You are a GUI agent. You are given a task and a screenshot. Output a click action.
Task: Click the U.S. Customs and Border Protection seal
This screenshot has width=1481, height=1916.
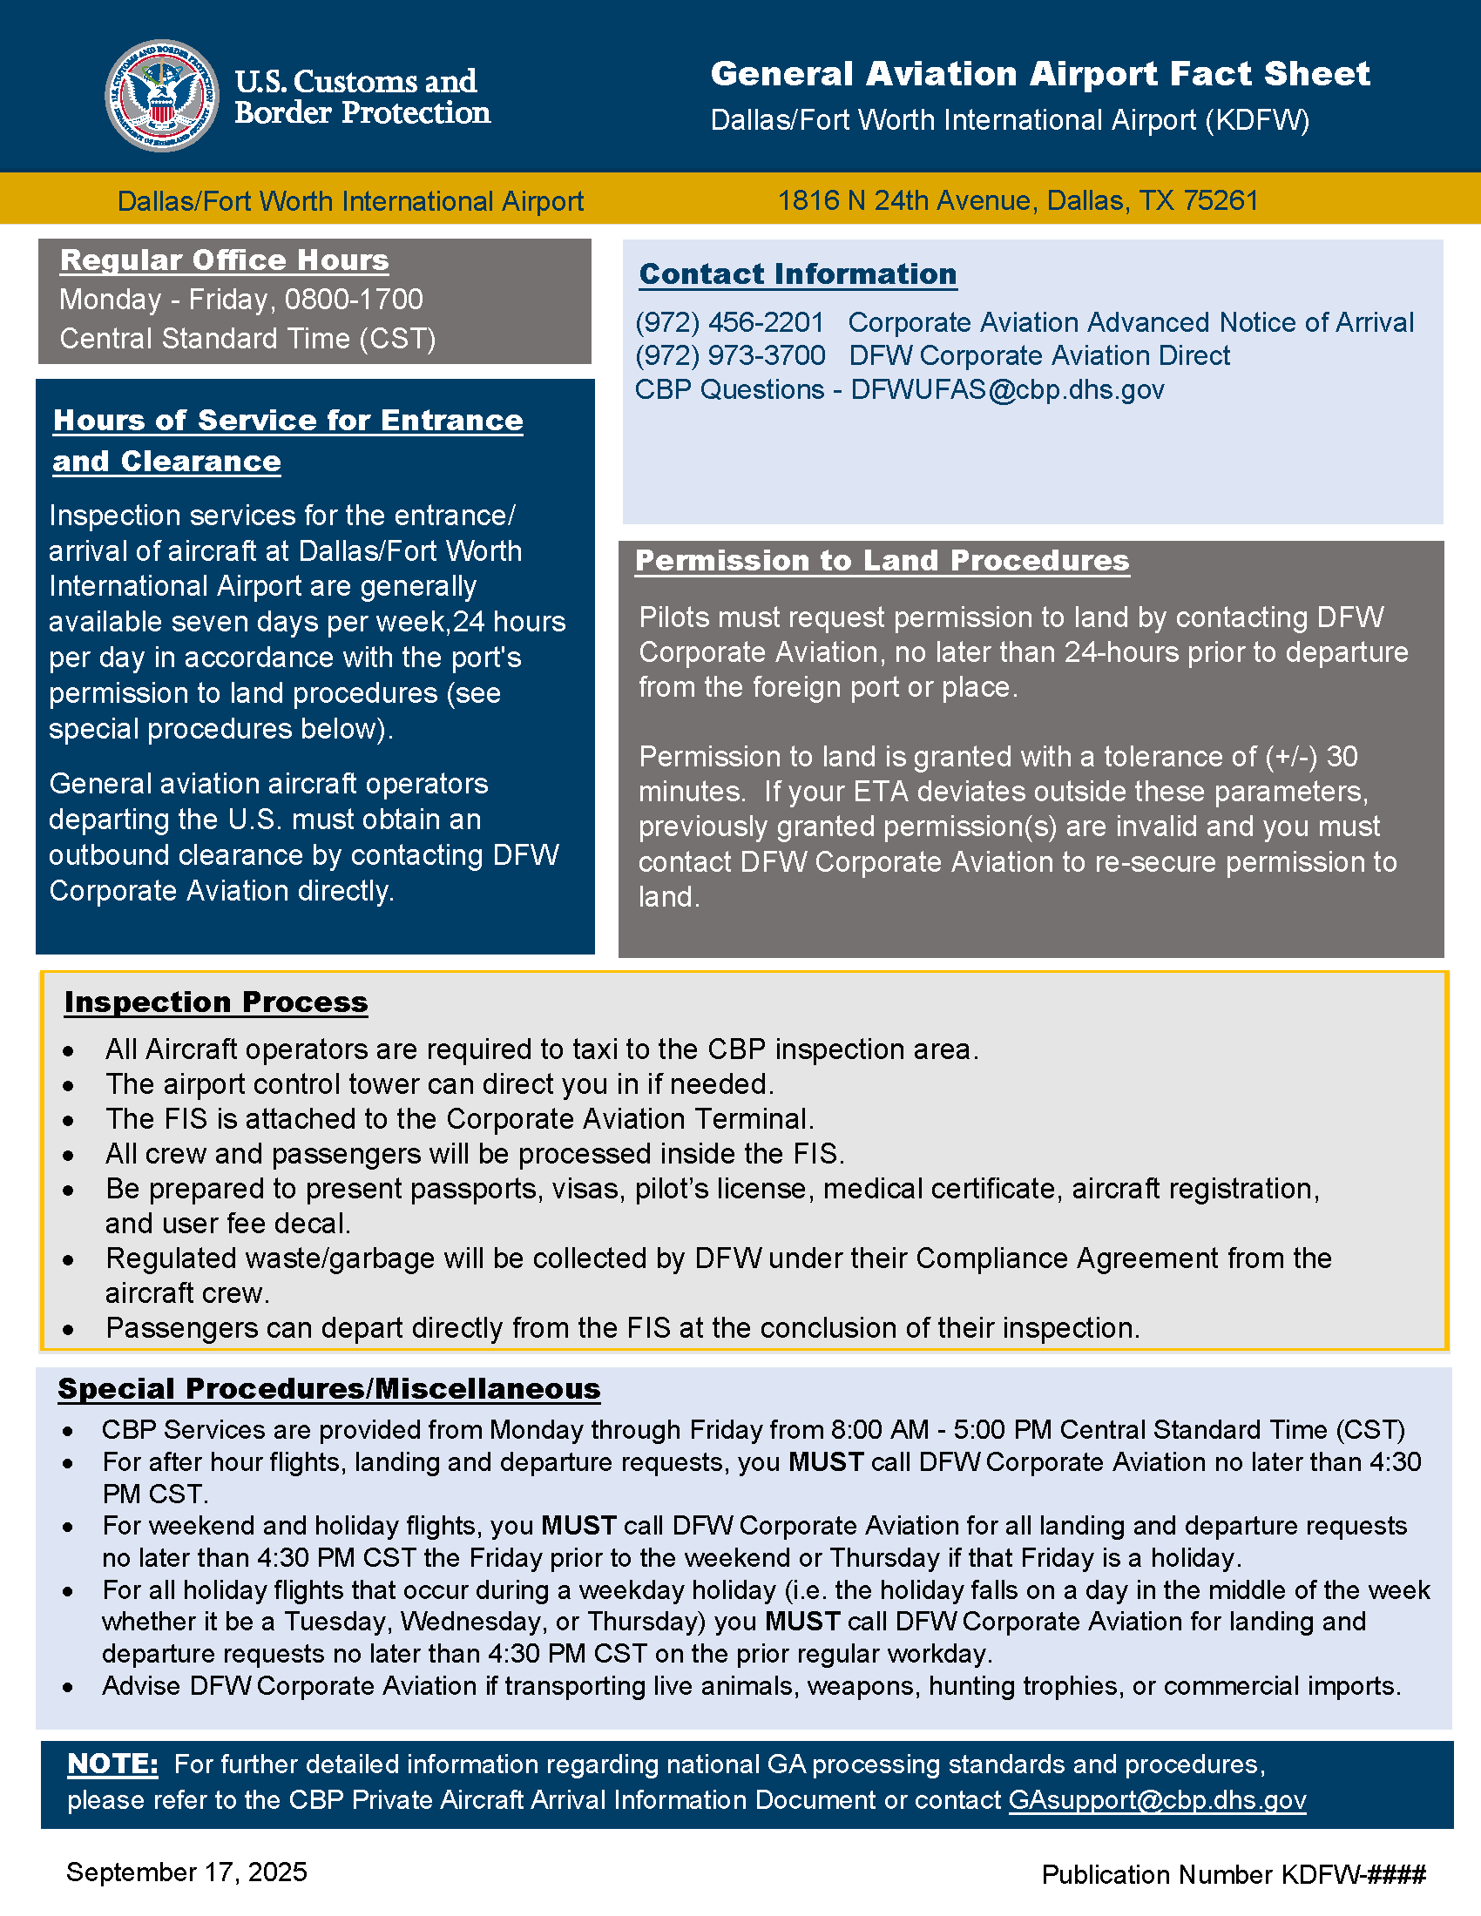pyautogui.click(x=162, y=96)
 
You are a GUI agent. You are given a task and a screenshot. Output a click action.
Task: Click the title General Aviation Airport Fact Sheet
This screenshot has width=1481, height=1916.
pyautogui.click(x=1039, y=74)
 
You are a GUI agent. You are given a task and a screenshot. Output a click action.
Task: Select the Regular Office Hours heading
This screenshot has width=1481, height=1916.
pyautogui.click(x=225, y=260)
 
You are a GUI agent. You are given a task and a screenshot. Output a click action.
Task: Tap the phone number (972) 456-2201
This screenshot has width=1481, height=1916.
pyautogui.click(x=729, y=323)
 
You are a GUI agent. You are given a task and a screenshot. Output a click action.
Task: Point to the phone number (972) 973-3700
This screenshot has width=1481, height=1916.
pyautogui.click(x=730, y=356)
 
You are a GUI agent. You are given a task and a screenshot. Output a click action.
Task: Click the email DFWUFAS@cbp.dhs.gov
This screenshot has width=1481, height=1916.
pyautogui.click(x=1007, y=389)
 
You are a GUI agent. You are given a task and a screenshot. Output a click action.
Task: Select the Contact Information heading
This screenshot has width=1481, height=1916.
pyautogui.click(x=797, y=273)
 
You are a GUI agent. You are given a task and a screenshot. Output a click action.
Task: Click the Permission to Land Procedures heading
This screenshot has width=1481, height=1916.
pyautogui.click(x=882, y=561)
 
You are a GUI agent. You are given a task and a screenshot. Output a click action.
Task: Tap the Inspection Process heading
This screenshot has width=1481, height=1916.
pyautogui.click(x=216, y=1002)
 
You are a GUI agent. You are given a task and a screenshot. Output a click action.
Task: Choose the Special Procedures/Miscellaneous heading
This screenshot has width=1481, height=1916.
pyautogui.click(x=329, y=1389)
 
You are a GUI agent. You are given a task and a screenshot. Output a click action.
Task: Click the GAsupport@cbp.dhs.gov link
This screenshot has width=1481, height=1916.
pyautogui.click(x=1157, y=1800)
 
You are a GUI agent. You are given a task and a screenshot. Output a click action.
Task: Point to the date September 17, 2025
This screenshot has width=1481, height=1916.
pyautogui.click(x=187, y=1872)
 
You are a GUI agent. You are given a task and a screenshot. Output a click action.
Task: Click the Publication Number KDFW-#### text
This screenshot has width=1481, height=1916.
pyautogui.click(x=1233, y=1875)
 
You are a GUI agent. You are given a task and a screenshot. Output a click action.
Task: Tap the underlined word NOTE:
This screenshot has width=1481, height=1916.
pyautogui.click(x=112, y=1764)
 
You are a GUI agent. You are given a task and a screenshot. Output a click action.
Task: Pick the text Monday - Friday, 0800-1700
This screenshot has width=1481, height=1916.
pyautogui.click(x=241, y=300)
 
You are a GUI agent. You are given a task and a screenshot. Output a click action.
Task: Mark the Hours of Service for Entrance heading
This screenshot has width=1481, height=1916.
pyautogui.click(x=287, y=421)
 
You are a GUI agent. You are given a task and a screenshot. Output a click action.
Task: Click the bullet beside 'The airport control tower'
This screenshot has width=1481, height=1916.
pyautogui.click(x=69, y=1086)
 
